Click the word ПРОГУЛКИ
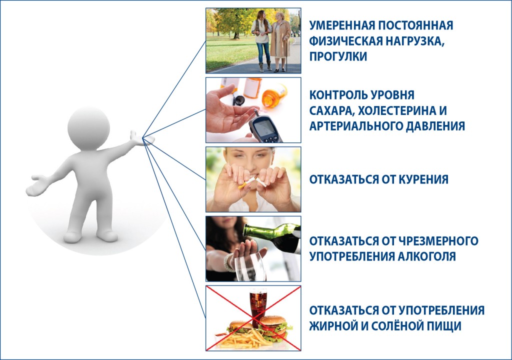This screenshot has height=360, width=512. pyautogui.click(x=338, y=56)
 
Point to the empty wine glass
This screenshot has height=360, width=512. pyautogui.click(x=249, y=267)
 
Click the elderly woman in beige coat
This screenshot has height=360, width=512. pyautogui.click(x=280, y=40)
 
